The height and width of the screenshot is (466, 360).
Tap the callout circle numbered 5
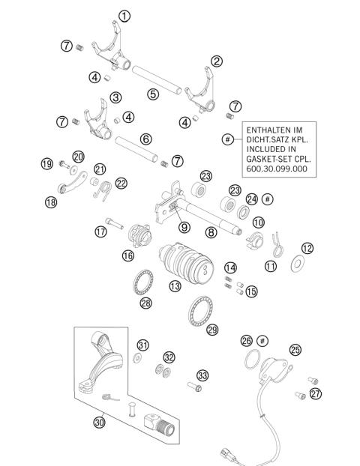[152, 94]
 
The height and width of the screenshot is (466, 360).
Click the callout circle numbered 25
[295, 349]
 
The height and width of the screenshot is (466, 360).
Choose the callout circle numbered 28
[145, 303]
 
